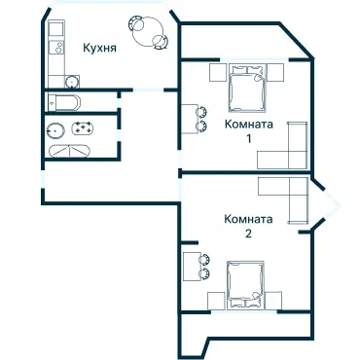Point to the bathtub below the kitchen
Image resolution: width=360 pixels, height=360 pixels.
(x=65, y=103)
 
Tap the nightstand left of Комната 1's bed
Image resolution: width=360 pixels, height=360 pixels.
(x=217, y=71)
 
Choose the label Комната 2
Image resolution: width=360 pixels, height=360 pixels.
(x=248, y=226)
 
